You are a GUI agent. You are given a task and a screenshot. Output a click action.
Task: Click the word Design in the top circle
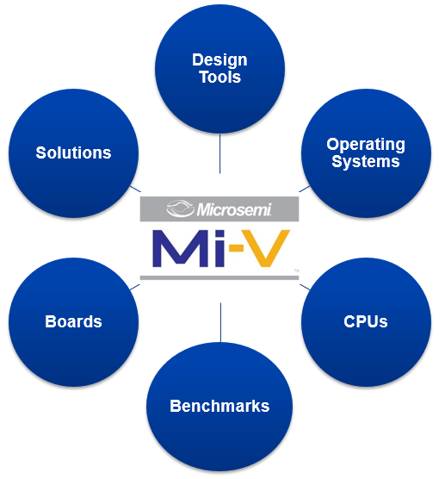coord(219,60)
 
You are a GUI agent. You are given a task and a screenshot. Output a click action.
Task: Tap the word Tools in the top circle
coord(220,77)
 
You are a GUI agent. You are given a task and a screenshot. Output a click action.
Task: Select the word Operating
coord(366,145)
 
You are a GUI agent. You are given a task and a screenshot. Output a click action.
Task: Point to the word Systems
coord(366,161)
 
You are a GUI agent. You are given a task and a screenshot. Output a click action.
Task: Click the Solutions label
coord(73,152)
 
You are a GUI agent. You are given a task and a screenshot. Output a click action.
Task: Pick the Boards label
coord(73,321)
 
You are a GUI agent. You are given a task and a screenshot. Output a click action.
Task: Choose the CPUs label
coord(366,321)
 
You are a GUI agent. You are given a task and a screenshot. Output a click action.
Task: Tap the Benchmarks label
coord(219,406)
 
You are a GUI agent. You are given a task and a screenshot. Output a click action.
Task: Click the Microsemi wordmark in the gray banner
coord(234,209)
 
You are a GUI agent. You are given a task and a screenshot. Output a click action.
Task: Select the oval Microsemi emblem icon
coord(180,209)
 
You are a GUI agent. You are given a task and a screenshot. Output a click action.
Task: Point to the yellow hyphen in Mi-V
coord(236,247)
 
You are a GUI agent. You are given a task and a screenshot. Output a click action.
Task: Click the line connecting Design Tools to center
coord(219,154)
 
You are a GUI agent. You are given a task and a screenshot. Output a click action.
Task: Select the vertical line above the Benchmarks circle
coord(220,322)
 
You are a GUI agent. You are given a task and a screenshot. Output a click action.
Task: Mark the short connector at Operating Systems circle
coord(305,189)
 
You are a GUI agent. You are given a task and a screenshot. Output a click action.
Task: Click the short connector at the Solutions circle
coord(135,189)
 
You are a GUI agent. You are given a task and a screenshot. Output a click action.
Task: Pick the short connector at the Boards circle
coord(135,287)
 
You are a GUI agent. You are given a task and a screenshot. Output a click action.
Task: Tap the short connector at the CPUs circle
coord(305,287)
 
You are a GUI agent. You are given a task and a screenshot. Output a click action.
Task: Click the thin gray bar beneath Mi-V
coord(219,277)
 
